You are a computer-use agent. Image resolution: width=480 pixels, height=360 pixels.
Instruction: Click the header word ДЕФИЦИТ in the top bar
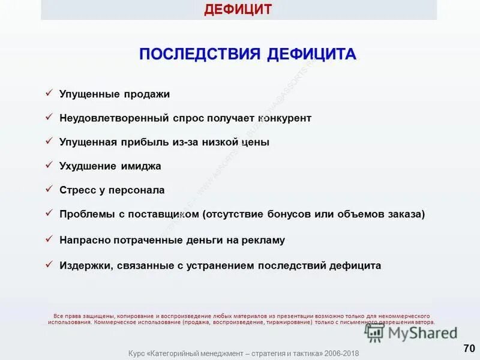tap(238, 10)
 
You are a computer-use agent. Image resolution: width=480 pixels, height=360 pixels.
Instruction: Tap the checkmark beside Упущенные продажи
tap(49, 93)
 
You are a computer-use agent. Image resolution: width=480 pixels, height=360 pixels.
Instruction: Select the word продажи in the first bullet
tap(147, 94)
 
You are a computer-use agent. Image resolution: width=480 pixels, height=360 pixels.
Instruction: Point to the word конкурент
tap(285, 118)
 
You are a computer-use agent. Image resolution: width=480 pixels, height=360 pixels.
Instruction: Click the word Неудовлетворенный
tap(107, 118)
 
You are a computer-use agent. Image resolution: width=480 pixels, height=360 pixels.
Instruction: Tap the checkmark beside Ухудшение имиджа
tap(49, 165)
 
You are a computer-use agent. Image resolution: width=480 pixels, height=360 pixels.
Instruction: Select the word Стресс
tap(78, 190)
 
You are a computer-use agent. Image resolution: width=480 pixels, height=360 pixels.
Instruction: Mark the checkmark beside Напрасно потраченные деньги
tap(49, 239)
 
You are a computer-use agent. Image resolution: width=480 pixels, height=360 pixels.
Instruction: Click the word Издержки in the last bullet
tap(83, 265)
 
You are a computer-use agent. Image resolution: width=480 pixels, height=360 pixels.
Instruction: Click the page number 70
tap(469, 348)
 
